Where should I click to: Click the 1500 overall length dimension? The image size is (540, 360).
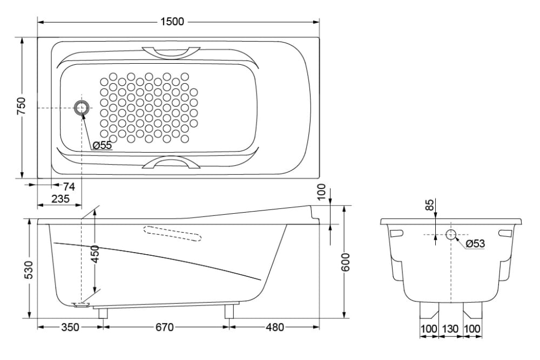click(x=173, y=22)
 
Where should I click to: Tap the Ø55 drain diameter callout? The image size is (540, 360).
click(x=102, y=145)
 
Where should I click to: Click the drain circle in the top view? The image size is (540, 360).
click(x=83, y=108)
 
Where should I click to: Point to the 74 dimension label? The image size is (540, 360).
click(x=69, y=186)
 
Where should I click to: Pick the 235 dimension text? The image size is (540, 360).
click(x=60, y=198)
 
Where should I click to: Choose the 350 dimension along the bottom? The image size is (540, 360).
click(x=70, y=327)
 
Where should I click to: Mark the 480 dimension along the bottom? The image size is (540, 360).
click(x=275, y=327)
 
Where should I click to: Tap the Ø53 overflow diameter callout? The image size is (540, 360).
click(x=475, y=243)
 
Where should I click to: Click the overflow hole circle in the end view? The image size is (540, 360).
click(x=451, y=234)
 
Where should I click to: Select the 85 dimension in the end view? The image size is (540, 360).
click(x=429, y=205)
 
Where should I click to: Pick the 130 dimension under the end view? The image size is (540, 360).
click(x=450, y=328)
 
